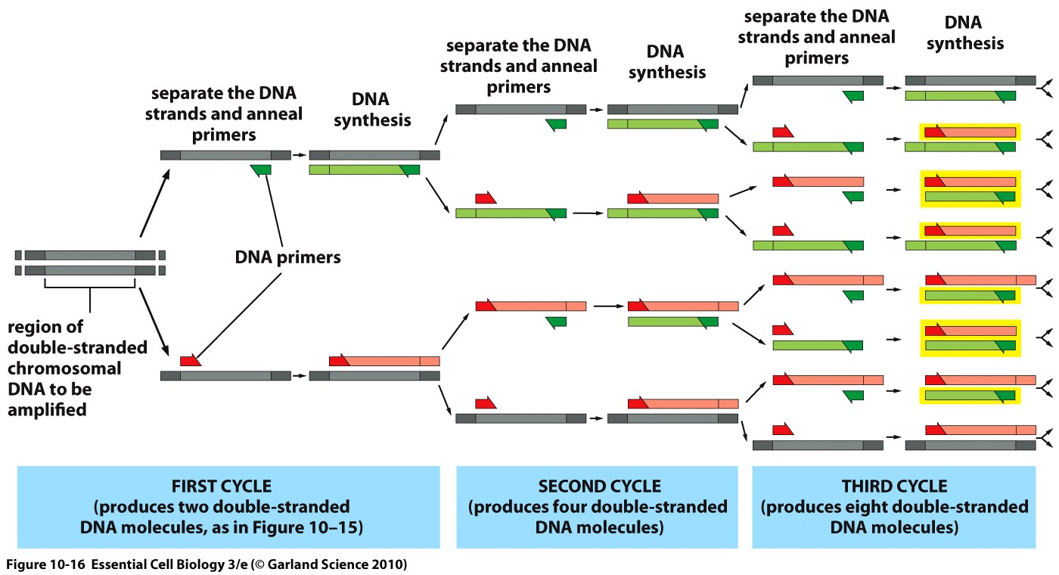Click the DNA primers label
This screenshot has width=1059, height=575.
pyautogui.click(x=287, y=258)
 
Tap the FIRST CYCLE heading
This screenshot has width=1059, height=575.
pyautogui.click(x=221, y=486)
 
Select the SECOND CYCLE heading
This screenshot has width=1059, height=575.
pyautogui.click(x=599, y=486)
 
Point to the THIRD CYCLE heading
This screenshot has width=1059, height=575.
pyautogui.click(x=894, y=486)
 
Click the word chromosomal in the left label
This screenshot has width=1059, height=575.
pyautogui.click(x=64, y=368)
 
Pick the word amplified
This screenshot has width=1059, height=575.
pyautogui.click(x=47, y=409)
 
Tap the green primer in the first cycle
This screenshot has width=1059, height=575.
pyautogui.click(x=261, y=170)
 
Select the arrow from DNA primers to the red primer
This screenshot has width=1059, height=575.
pyautogui.click(x=238, y=316)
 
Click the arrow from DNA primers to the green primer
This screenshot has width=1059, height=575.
pyautogui.click(x=274, y=210)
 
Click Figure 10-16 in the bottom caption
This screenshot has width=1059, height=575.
pyautogui.click(x=45, y=564)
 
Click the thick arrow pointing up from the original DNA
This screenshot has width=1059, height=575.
pyautogui.click(x=154, y=204)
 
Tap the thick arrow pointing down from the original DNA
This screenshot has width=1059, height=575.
pyautogui.click(x=154, y=322)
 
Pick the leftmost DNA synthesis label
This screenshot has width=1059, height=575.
pyautogui.click(x=372, y=109)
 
